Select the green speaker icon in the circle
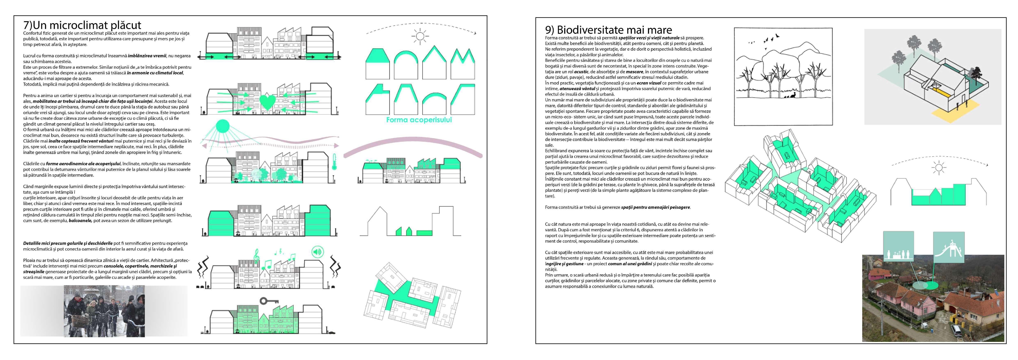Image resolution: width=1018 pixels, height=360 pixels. point(317,251)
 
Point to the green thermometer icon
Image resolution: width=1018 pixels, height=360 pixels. point(334,162)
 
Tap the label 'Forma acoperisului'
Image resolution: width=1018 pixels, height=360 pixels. point(419,120)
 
